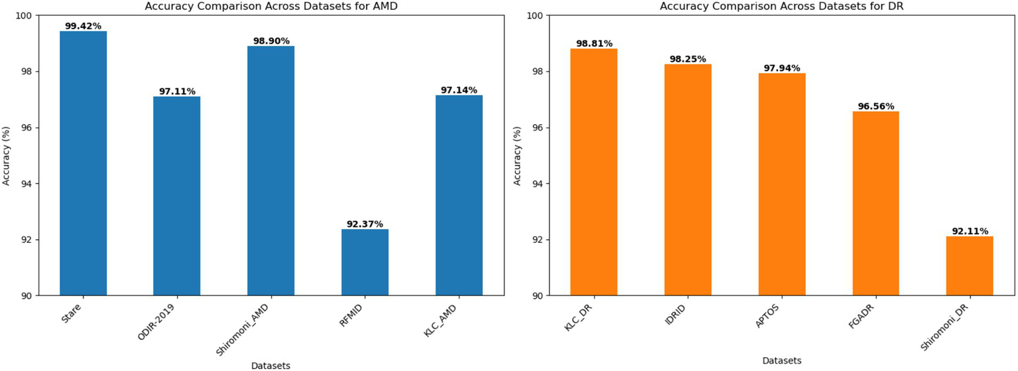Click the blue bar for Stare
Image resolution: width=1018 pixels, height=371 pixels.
pos(83,163)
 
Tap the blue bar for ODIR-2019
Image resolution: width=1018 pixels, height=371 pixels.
pos(176,196)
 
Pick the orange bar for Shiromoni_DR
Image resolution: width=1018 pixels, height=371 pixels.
pos(969,265)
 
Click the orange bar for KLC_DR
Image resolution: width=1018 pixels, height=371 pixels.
pos(594,172)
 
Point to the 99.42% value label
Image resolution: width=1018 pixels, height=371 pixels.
pos(83,26)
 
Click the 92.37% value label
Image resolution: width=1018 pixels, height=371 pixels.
pos(365,224)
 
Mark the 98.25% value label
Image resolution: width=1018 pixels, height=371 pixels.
pos(688,59)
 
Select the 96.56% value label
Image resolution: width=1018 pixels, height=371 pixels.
pos(875,106)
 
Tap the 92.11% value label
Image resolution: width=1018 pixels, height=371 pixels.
pos(969,231)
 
